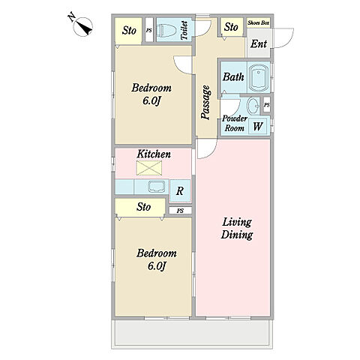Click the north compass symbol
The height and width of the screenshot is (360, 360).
[82, 26]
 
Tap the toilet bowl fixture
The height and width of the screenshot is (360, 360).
[168, 30]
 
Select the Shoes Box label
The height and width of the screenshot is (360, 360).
[259, 23]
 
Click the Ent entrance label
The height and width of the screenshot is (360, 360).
[259, 44]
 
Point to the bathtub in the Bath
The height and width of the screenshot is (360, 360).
[259, 77]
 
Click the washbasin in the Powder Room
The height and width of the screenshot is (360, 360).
[253, 106]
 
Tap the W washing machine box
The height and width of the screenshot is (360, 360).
[257, 126]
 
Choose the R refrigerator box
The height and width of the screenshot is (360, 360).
[180, 191]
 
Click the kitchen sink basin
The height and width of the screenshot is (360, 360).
[157, 187]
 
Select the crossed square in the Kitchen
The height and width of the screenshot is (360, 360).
[149, 168]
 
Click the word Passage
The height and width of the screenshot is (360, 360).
[205, 103]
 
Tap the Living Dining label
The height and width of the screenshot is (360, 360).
[237, 229]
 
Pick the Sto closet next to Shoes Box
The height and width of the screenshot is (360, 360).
[231, 27]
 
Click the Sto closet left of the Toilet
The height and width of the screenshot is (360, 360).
[128, 31]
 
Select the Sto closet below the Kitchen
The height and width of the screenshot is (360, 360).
[140, 207]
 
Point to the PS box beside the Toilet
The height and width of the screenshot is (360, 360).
[149, 31]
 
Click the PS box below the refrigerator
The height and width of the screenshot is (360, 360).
[180, 211]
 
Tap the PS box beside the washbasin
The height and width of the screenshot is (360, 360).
[267, 105]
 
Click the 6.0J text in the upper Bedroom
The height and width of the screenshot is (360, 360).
[151, 100]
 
